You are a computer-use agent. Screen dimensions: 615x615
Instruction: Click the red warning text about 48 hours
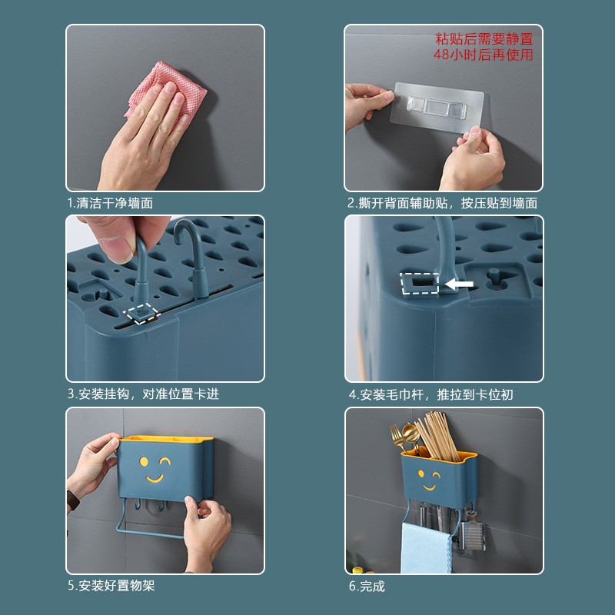pyautogui.click(x=484, y=46)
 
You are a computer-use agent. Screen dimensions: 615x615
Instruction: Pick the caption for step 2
pyautogui.click(x=443, y=204)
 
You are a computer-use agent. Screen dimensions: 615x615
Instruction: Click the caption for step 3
pyautogui.click(x=143, y=394)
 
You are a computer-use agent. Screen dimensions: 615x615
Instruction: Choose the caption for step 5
pyautogui.click(x=111, y=586)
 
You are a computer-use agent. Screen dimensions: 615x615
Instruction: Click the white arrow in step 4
pyautogui.click(x=460, y=284)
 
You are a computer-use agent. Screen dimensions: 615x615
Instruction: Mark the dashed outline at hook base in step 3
pyautogui.click(x=142, y=313)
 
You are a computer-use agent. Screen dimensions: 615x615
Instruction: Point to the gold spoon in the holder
pyautogui.click(x=400, y=438)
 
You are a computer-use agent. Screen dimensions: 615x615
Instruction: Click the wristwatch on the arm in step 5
pyautogui.click(x=73, y=501)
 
